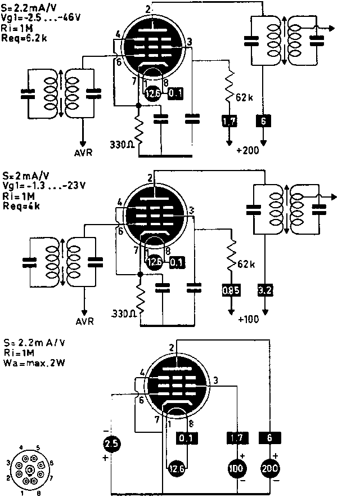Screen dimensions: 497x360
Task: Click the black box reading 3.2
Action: click(x=264, y=290)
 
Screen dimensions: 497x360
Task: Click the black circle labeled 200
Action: click(x=272, y=468)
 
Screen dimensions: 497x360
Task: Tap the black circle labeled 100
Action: click(x=234, y=468)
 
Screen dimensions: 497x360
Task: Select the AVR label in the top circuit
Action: click(x=84, y=152)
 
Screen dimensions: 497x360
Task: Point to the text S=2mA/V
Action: click(x=21, y=176)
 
